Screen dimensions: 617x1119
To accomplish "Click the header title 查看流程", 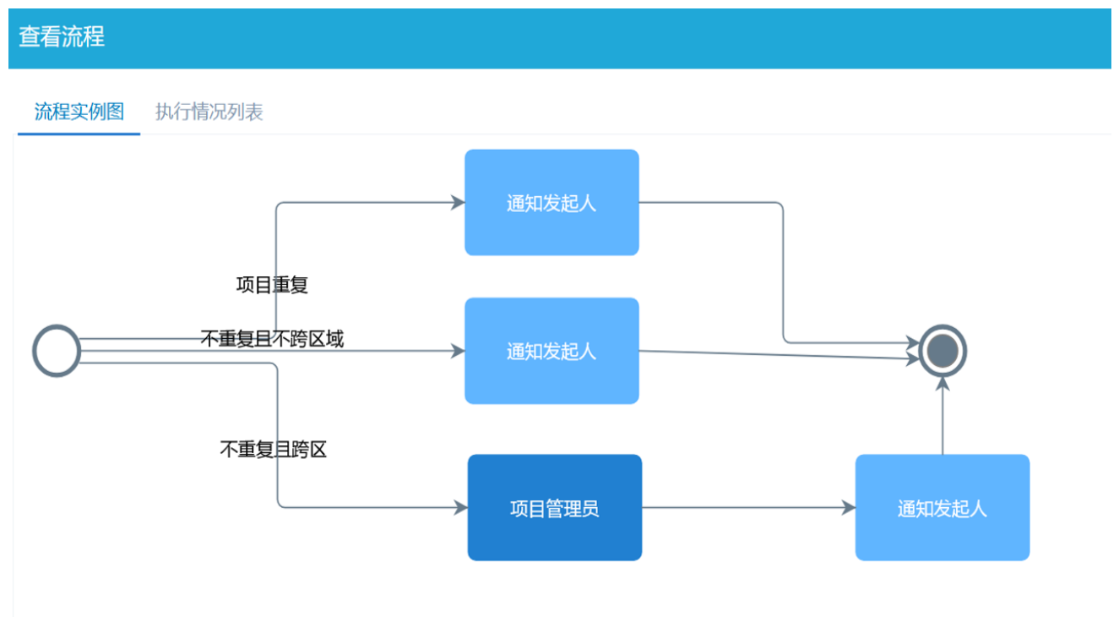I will [62, 37].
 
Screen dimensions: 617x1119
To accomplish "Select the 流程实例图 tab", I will [79, 112].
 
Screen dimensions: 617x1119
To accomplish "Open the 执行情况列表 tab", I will [209, 112].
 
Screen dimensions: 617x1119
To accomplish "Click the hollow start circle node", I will [57, 351].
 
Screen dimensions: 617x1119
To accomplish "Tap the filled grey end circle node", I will [943, 350].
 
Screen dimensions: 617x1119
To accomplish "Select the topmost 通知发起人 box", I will [551, 203].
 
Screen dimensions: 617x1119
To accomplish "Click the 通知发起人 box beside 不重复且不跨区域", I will [551, 351].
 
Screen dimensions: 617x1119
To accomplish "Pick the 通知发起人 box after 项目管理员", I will [942, 508].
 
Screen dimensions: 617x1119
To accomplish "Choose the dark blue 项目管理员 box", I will [555, 508].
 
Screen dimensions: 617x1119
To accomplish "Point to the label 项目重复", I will [272, 286].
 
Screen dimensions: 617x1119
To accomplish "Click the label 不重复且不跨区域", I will [272, 339].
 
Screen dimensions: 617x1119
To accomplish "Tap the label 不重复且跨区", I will [273, 450].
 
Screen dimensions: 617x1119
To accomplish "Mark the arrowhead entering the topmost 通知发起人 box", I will [459, 203].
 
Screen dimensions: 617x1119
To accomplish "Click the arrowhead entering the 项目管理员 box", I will [461, 508].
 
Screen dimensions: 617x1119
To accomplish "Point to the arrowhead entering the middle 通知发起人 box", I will [459, 351].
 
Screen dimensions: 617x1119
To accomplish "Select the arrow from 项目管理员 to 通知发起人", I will [743, 508].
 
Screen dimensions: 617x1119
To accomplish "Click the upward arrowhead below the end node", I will [943, 385].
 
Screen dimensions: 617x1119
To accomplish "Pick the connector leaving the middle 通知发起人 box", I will [777, 355].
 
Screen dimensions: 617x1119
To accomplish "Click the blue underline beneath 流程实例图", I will [79, 134].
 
